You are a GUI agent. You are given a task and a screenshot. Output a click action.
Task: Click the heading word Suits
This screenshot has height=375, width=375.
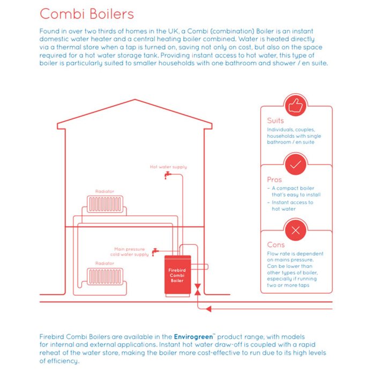tap(275, 121)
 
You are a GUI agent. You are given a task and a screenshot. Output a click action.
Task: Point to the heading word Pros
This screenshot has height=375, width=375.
tap(274, 179)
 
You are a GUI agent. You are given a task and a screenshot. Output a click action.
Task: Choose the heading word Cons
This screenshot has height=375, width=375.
tap(276, 245)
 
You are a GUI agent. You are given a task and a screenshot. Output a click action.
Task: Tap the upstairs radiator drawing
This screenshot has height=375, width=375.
tap(105, 204)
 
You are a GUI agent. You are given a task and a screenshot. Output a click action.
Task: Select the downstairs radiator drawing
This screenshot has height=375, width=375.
tap(105, 276)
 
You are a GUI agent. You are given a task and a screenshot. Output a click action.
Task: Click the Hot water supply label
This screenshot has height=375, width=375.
tap(169, 167)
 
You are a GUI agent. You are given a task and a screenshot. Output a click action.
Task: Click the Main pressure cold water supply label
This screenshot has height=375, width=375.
tap(129, 252)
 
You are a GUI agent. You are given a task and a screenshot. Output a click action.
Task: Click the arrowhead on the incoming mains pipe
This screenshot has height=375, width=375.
tap(209, 309)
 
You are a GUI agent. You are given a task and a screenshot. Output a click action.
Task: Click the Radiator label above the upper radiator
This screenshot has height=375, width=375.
tap(104, 191)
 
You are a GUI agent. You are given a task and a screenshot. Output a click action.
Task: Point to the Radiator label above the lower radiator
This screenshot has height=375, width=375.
tap(104, 264)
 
